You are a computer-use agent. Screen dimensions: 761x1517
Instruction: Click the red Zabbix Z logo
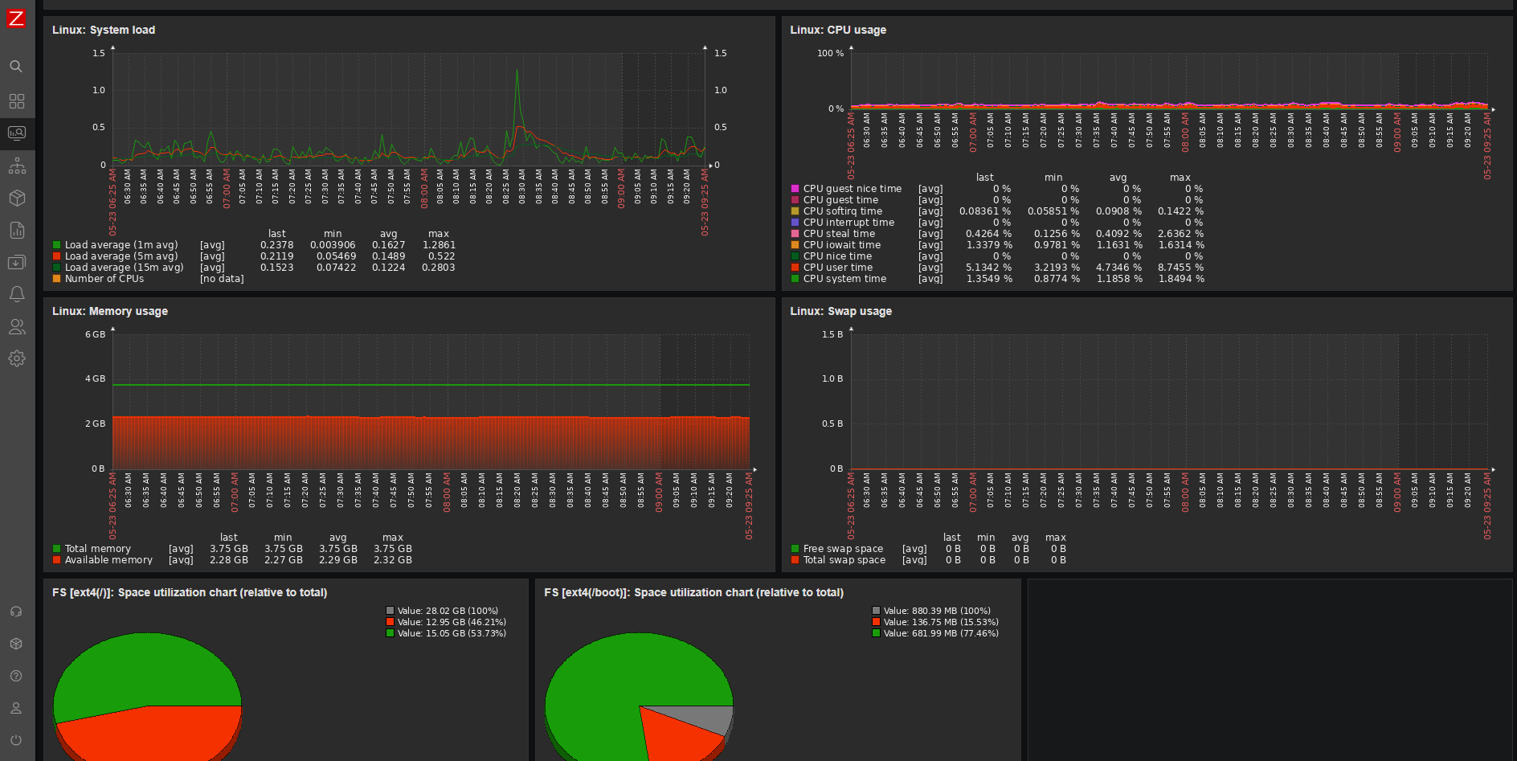pyautogui.click(x=16, y=18)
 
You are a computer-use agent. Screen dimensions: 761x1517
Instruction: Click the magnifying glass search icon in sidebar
pyautogui.click(x=16, y=67)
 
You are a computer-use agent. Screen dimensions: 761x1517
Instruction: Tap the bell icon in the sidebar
pyautogui.click(x=16, y=294)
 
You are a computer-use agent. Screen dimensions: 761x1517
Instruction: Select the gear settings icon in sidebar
pyautogui.click(x=16, y=358)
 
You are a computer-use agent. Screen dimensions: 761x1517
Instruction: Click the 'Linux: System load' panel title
pyautogui.click(x=104, y=30)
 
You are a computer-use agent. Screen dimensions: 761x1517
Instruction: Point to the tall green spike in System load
pyautogui.click(x=517, y=76)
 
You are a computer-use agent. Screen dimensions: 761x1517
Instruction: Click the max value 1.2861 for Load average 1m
pyautogui.click(x=439, y=245)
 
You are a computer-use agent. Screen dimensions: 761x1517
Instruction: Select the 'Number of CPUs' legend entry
pyautogui.click(x=104, y=279)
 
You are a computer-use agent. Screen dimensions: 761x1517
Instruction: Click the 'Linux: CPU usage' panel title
pyautogui.click(x=838, y=30)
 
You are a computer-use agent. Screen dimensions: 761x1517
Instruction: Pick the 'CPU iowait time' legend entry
pyautogui.click(x=841, y=245)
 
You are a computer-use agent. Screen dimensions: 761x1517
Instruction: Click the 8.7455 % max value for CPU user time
pyautogui.click(x=1180, y=268)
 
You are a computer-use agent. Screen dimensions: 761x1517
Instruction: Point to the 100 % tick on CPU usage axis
pyautogui.click(x=830, y=54)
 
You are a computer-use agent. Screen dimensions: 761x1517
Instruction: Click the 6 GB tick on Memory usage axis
pyautogui.click(x=95, y=334)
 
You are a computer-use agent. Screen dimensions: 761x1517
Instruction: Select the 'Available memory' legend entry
pyautogui.click(x=108, y=560)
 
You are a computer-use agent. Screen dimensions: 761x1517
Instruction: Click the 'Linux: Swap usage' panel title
pyautogui.click(x=840, y=311)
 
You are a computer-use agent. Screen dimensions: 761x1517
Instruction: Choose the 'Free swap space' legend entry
pyautogui.click(x=843, y=549)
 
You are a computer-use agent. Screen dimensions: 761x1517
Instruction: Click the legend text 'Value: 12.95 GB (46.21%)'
pyautogui.click(x=452, y=622)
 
